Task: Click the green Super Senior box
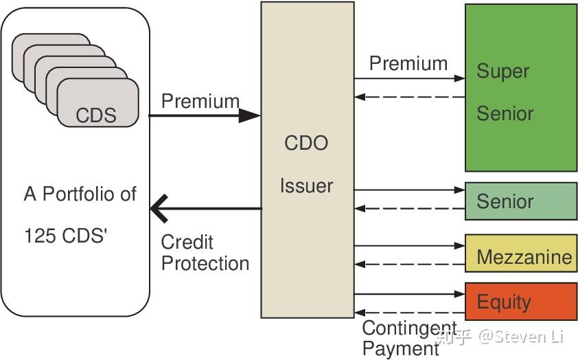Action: point(520,88)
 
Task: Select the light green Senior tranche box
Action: point(520,201)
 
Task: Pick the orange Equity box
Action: point(520,301)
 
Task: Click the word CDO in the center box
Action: point(306,144)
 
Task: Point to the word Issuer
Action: point(306,185)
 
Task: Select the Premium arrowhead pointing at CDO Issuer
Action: point(250,115)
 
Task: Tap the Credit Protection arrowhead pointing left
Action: point(159,208)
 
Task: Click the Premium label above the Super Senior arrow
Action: point(408,64)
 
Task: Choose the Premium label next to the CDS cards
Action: point(200,101)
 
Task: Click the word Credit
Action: point(187,243)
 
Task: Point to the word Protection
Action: point(205,264)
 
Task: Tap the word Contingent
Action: point(409,328)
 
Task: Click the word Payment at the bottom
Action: point(400,348)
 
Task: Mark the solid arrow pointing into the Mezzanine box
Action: point(409,245)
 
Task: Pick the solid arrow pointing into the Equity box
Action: point(409,294)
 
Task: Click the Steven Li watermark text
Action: point(522,336)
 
